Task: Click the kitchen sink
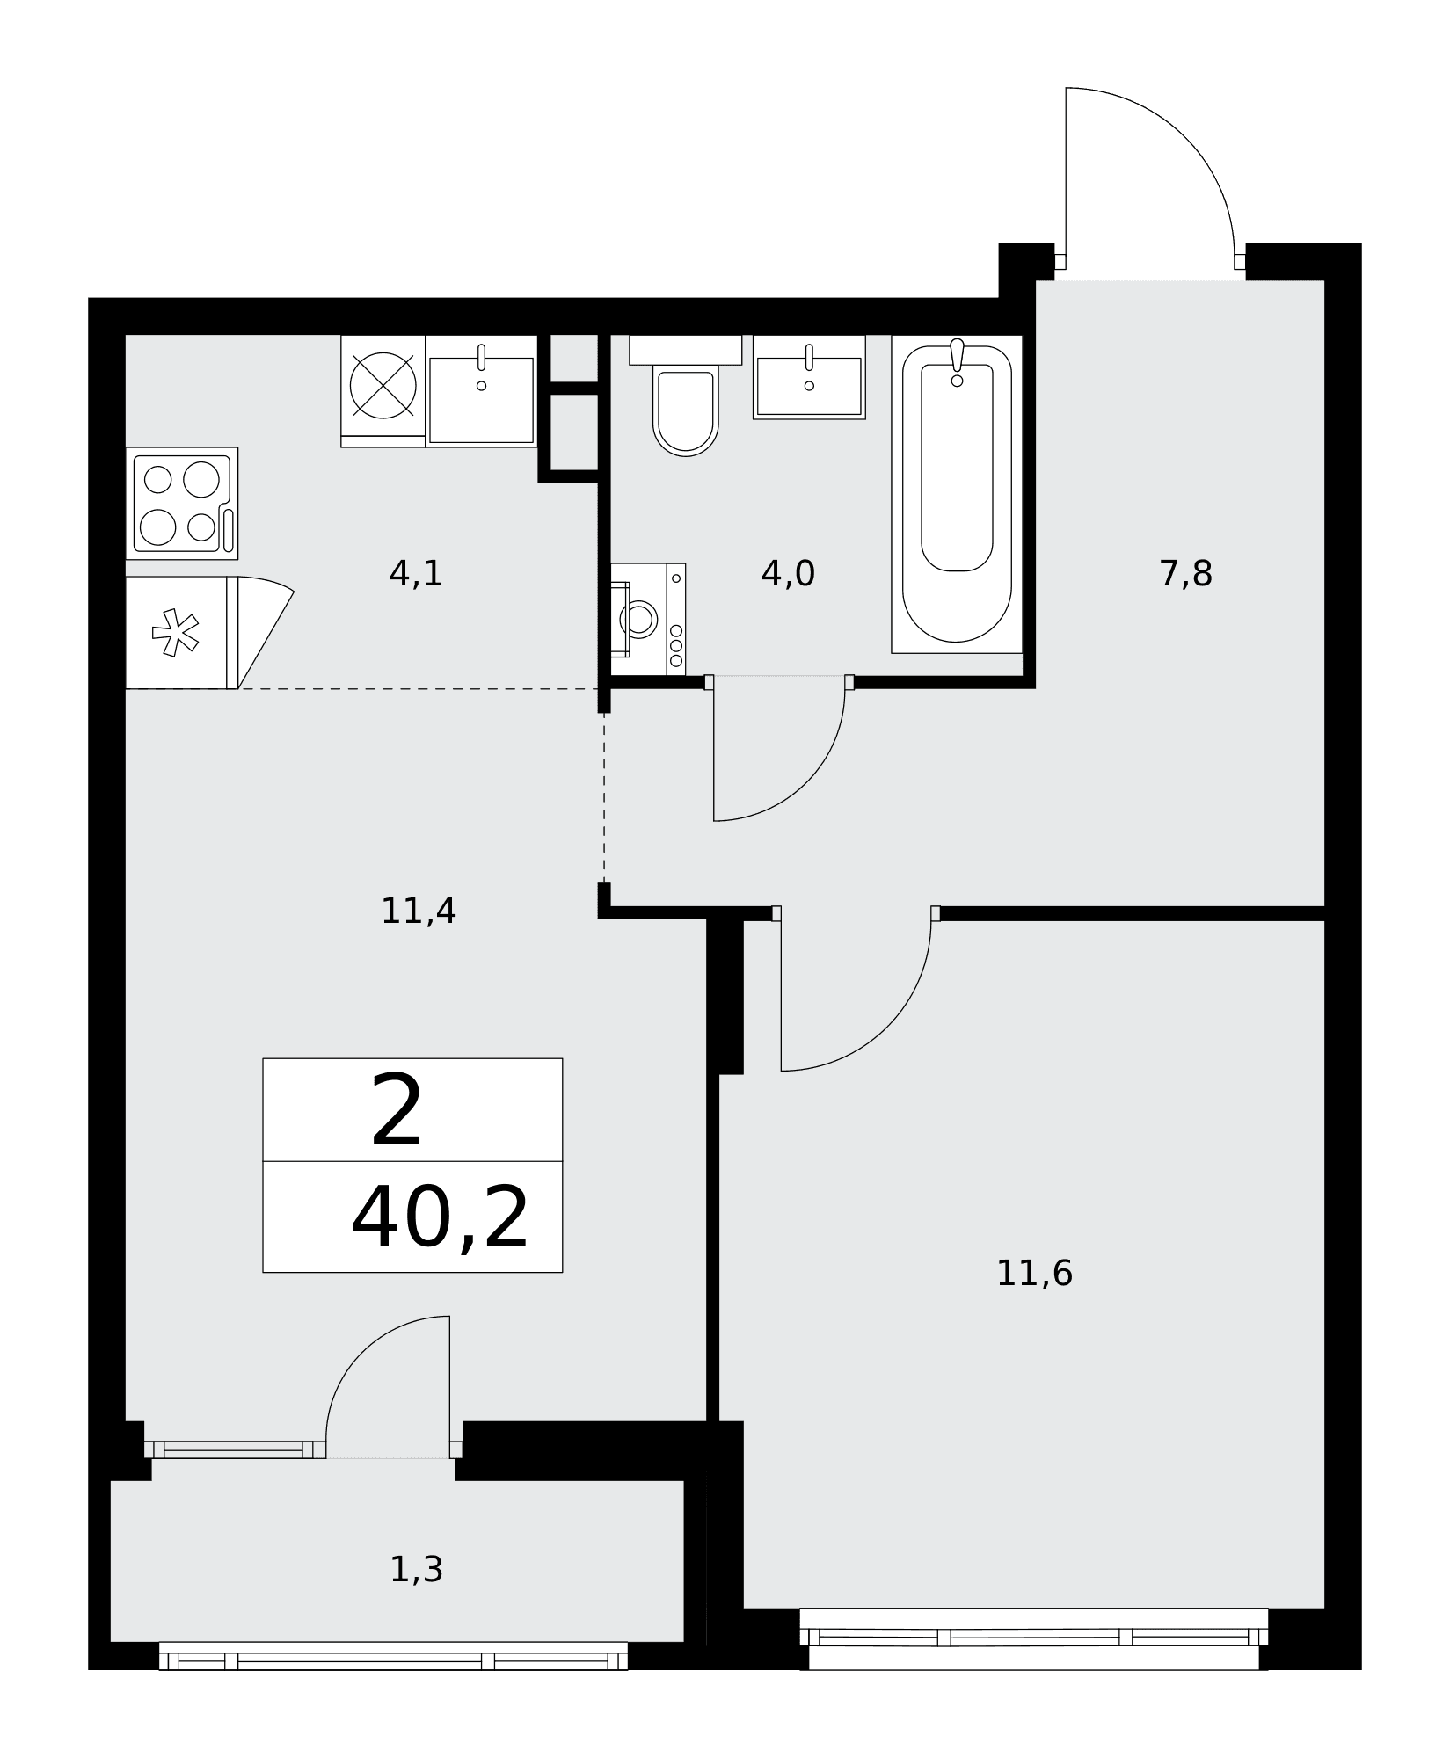tap(481, 390)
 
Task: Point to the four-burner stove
tap(182, 503)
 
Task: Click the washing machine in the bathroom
tap(647, 619)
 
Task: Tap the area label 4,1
tap(416, 574)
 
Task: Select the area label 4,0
tap(788, 574)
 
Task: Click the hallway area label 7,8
tap(1186, 574)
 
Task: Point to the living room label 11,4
tap(419, 911)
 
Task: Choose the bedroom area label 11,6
tap(1034, 1274)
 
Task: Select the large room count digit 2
tap(397, 1112)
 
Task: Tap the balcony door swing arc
tap(362, 1353)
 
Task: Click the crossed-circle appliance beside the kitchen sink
tap(383, 385)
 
